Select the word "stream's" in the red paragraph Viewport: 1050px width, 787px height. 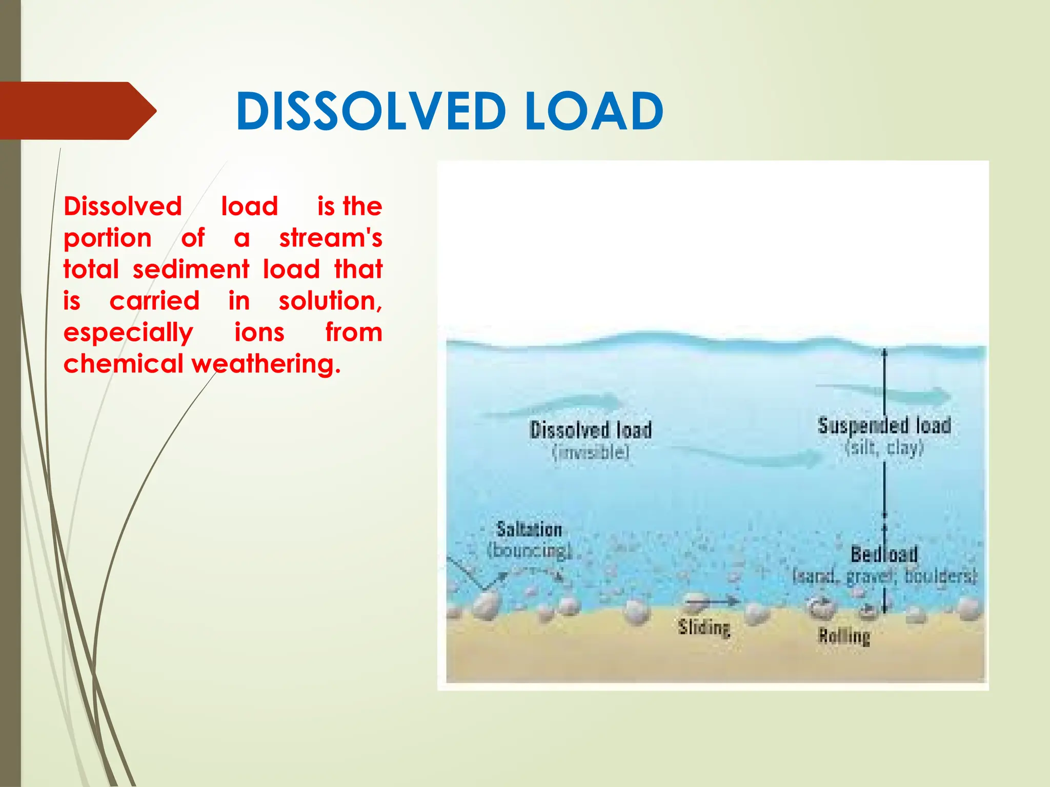(331, 238)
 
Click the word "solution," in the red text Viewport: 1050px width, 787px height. (331, 301)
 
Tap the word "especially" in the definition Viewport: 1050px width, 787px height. (128, 334)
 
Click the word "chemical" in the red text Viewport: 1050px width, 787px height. (124, 364)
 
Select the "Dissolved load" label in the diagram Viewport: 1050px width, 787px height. (591, 430)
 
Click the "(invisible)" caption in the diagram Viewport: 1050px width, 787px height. (591, 452)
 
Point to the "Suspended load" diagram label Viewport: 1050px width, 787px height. (884, 426)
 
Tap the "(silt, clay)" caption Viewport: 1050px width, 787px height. (884, 448)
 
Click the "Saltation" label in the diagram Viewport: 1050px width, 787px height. (529, 529)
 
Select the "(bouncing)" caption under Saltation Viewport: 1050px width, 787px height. (529, 550)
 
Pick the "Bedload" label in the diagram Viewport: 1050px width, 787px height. (884, 554)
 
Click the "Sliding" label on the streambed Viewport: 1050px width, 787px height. (704, 628)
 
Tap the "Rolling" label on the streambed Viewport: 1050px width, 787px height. (844, 636)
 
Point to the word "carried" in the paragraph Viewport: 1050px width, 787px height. (154, 301)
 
